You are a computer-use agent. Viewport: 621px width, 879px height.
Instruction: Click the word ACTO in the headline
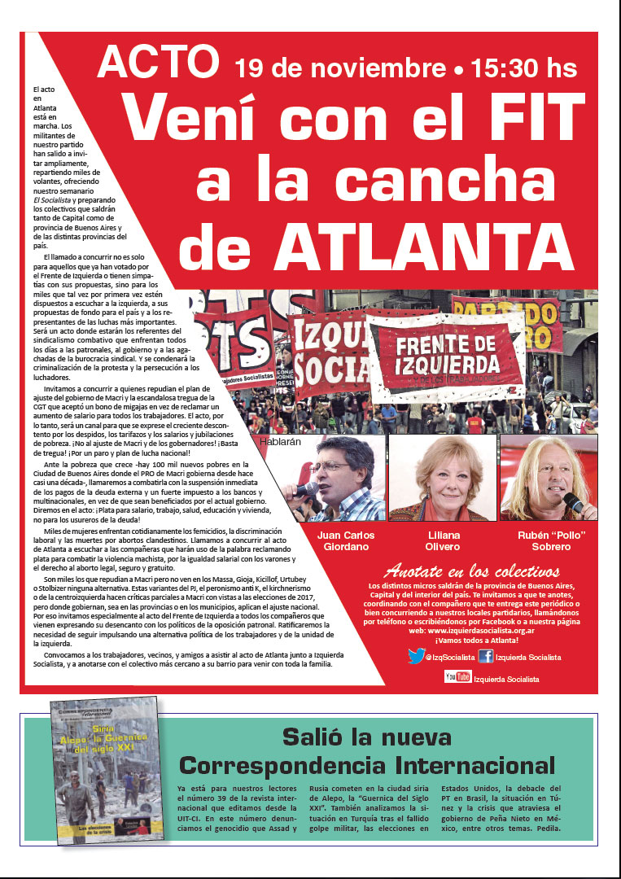click(160, 62)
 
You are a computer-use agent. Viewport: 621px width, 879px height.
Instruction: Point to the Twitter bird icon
click(416, 656)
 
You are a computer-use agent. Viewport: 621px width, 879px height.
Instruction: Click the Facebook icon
click(485, 656)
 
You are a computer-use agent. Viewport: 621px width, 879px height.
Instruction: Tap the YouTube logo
click(457, 677)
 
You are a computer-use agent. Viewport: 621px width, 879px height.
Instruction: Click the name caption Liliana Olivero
click(443, 540)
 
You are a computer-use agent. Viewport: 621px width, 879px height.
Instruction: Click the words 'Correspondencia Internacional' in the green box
click(367, 765)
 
